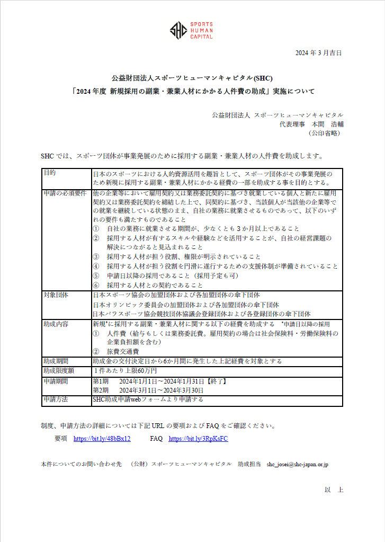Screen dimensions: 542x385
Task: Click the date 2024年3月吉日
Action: pos(318,53)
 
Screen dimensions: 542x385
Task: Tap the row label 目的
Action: pos(49,173)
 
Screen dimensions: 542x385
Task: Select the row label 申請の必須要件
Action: pos(65,193)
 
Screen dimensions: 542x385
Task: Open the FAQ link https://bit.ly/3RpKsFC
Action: pos(198,439)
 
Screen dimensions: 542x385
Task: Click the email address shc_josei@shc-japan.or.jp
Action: pos(297,464)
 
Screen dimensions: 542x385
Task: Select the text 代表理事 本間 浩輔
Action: pos(311,124)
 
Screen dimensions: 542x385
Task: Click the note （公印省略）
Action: pos(325,134)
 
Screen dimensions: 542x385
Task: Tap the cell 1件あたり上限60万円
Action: pos(125,371)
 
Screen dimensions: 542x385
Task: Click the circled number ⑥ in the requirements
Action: pos(96,285)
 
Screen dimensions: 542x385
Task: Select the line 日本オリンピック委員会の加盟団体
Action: pos(186,305)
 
